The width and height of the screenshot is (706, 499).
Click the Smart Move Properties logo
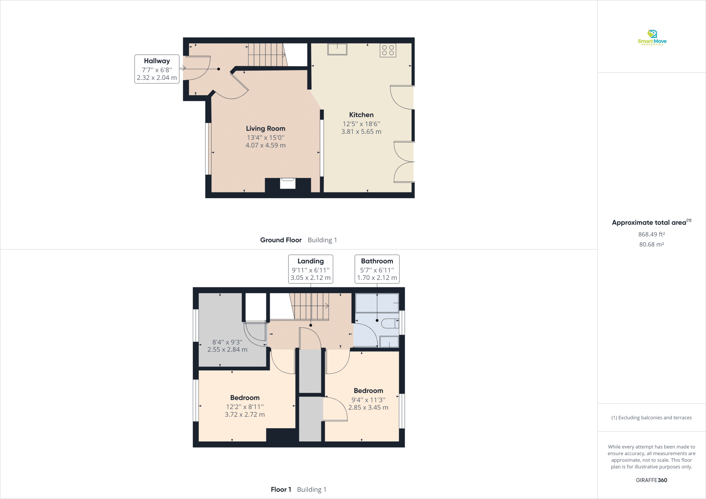coord(652,37)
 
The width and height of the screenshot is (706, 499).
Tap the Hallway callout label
coord(157,69)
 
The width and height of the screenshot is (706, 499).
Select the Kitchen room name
coord(361,115)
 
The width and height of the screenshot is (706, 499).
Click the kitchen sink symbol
coord(337,49)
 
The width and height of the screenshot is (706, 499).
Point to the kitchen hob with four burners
coord(388,50)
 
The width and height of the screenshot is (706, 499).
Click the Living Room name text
coord(266,128)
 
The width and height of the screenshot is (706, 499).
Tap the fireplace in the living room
coord(288,184)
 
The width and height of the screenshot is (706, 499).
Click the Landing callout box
coord(311,269)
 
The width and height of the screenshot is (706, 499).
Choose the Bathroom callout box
coord(377,269)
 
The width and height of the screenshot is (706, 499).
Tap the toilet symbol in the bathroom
coord(390,323)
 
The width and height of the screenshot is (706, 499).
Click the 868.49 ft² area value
coord(652,234)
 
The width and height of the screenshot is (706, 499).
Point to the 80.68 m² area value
coord(652,245)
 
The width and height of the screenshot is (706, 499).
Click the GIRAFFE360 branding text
coord(652,480)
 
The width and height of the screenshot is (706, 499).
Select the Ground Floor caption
coord(281,240)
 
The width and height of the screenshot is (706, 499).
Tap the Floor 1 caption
coord(281,489)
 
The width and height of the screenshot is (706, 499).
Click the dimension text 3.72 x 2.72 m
coord(245,414)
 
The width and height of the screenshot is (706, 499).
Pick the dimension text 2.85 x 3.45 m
coord(368,407)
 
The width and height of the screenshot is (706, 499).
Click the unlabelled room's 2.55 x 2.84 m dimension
coord(227,350)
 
